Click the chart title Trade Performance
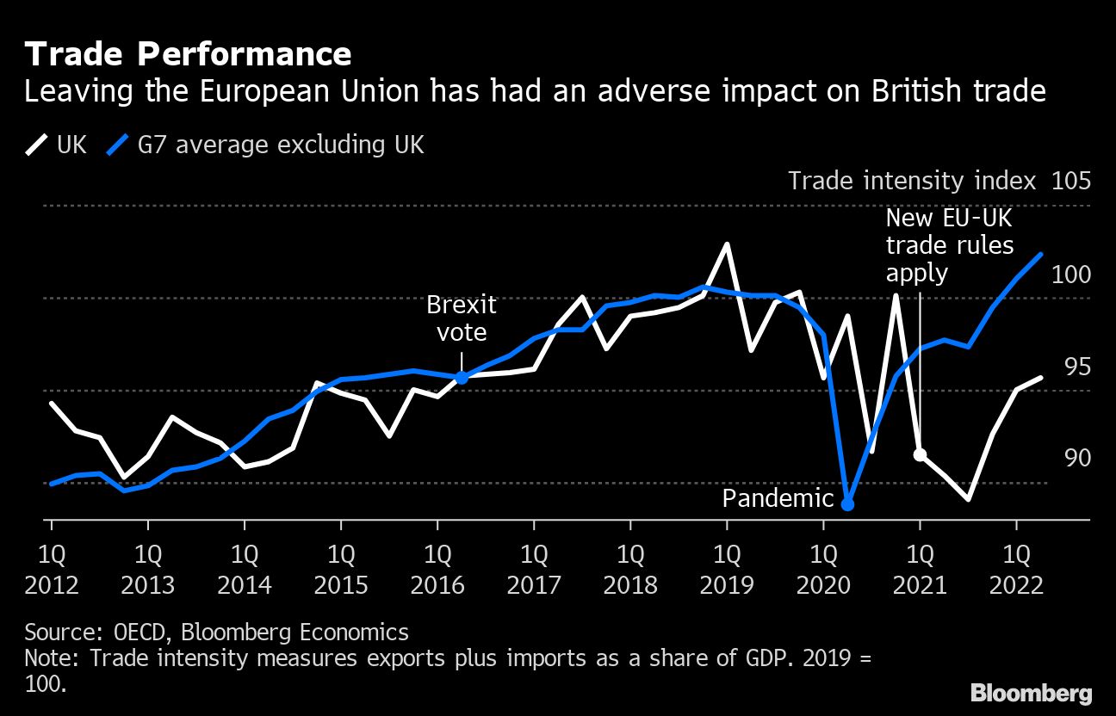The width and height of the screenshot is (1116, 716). click(x=188, y=55)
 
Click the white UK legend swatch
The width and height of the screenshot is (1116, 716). click(x=37, y=145)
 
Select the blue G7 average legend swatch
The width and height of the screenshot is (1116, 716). click(x=117, y=145)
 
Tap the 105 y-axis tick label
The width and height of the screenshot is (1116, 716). click(x=1071, y=182)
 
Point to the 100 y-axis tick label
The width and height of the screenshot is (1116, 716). click(x=1071, y=275)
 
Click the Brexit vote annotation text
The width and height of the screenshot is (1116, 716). click(x=462, y=318)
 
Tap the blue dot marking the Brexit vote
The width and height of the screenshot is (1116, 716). click(x=462, y=377)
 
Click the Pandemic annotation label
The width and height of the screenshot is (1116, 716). click(x=778, y=498)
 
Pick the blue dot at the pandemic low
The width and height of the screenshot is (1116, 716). click(x=847, y=504)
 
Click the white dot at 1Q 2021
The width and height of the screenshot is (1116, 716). click(x=920, y=454)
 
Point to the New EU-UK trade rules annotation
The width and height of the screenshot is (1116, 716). click(x=950, y=245)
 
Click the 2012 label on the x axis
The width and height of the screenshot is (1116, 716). click(x=52, y=586)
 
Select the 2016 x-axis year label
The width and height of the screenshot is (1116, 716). click(x=437, y=586)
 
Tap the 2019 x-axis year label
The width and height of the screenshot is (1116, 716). click(x=727, y=586)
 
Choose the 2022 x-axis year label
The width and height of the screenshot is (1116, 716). click(x=1016, y=586)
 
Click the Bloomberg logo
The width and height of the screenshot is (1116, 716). click(x=1031, y=694)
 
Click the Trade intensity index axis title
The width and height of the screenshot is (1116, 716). click(x=912, y=182)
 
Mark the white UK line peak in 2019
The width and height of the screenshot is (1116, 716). click(x=727, y=244)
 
